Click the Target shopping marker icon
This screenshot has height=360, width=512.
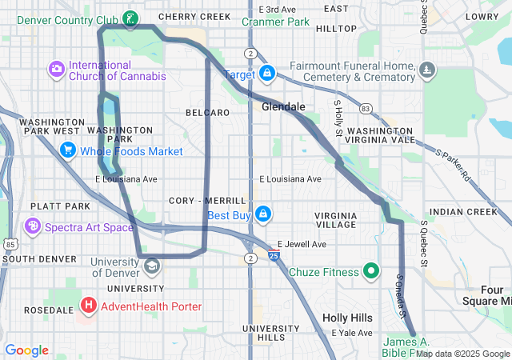pyautogui.click(x=266, y=74)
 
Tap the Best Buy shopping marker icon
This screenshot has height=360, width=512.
pyautogui.click(x=262, y=214)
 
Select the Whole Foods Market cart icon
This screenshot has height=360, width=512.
pyautogui.click(x=67, y=150)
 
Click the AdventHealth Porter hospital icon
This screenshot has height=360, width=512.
pyautogui.click(x=89, y=306)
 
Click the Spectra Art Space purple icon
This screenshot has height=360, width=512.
pyautogui.click(x=33, y=227)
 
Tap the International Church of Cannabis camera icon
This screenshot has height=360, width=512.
pyautogui.click(x=57, y=70)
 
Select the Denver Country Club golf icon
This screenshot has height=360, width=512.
pyautogui.click(x=130, y=17)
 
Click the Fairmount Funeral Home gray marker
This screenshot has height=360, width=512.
pyautogui.click(x=427, y=71)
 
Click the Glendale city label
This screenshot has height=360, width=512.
pyautogui.click(x=283, y=106)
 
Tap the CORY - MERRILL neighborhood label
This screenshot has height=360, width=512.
pyautogui.click(x=207, y=200)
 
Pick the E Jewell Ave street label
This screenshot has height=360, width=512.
pyautogui.click(x=302, y=244)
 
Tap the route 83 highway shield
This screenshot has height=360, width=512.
pyautogui.click(x=366, y=108)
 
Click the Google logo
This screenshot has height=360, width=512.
pyautogui.click(x=27, y=350)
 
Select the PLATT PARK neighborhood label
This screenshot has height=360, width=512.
pyautogui.click(x=34, y=206)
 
